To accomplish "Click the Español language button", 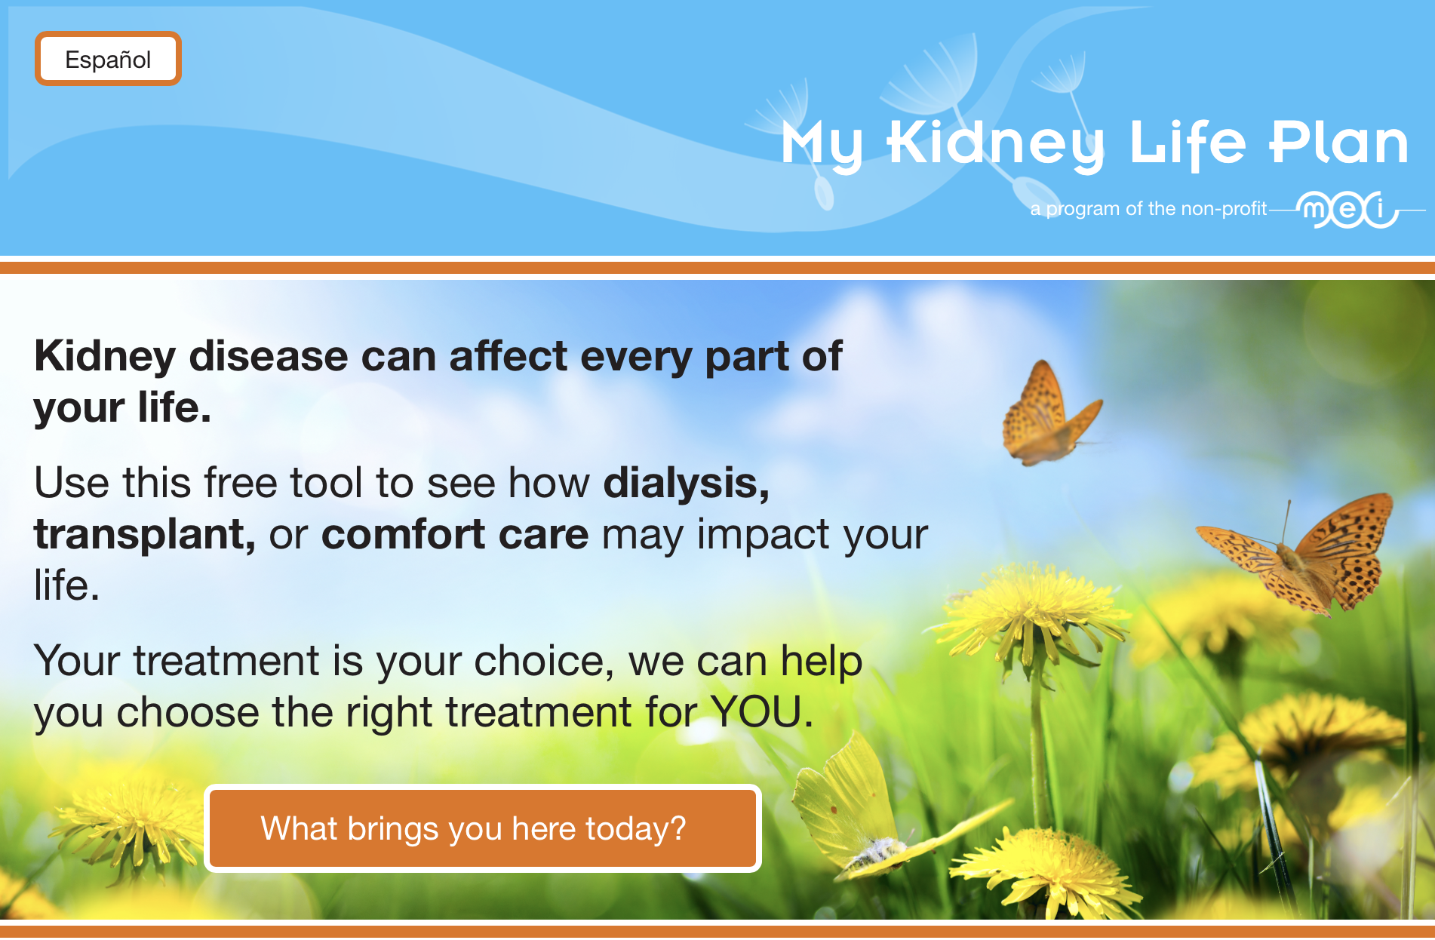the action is [108, 59].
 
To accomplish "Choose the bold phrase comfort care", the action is [455, 535].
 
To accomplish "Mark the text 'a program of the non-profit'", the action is [1148, 208].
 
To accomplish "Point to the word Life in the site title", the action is [1188, 143].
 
